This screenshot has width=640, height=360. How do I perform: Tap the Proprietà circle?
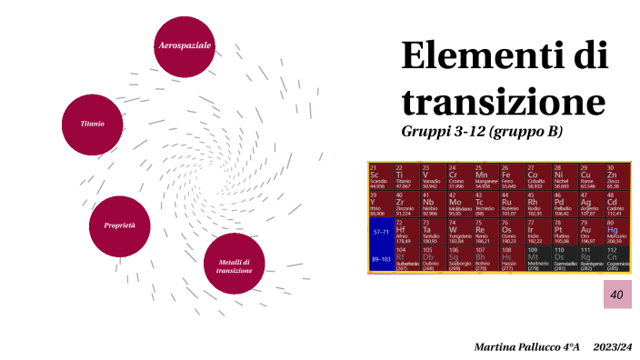(x=120, y=225)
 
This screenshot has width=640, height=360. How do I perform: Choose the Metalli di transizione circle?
(x=234, y=265)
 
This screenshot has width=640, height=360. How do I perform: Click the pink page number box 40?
(x=616, y=295)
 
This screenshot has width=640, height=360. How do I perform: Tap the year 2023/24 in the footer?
(x=612, y=347)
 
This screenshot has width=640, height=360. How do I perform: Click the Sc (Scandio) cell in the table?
(x=381, y=176)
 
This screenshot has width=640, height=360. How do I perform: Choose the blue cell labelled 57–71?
(x=381, y=231)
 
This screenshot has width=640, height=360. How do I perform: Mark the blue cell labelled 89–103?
(x=381, y=258)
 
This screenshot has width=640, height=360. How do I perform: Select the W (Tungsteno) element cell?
(x=460, y=231)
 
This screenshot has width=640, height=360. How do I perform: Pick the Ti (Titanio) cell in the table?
(x=407, y=176)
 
